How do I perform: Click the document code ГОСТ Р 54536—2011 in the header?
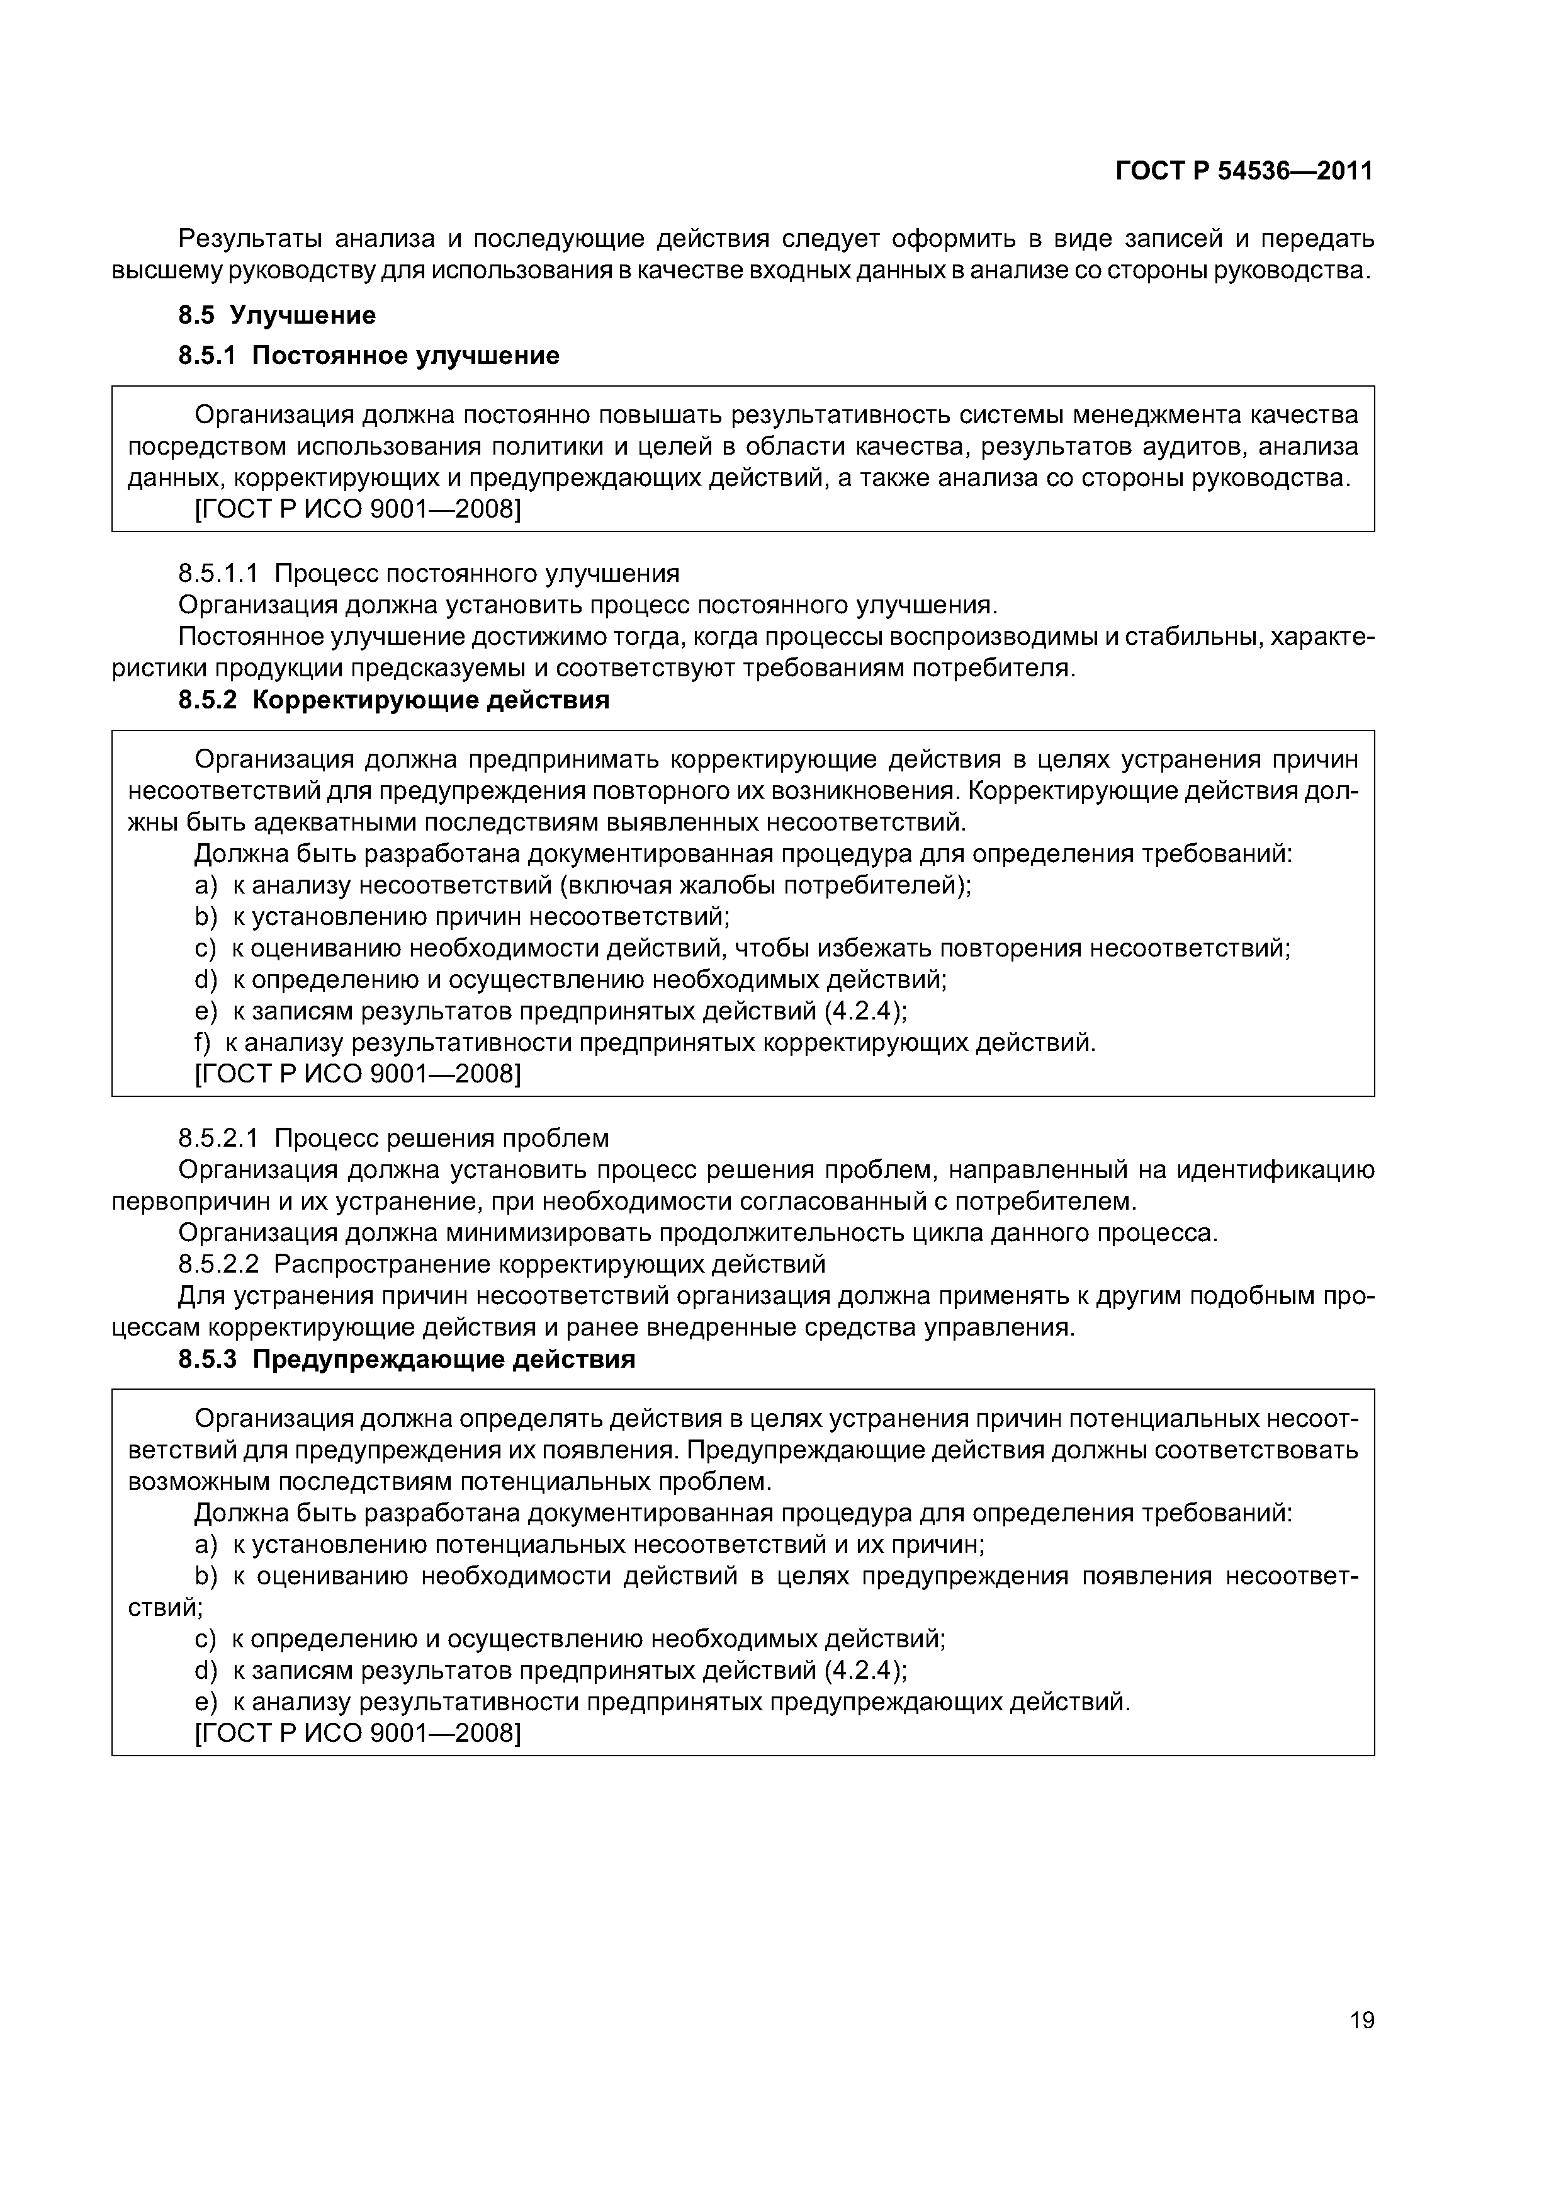coord(1244,171)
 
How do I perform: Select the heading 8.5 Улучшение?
coord(277,315)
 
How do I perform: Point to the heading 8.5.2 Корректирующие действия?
coord(393,700)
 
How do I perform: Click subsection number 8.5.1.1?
coord(218,574)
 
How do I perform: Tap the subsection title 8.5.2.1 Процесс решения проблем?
coord(393,1138)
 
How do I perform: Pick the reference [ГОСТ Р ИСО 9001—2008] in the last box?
coord(358,1734)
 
